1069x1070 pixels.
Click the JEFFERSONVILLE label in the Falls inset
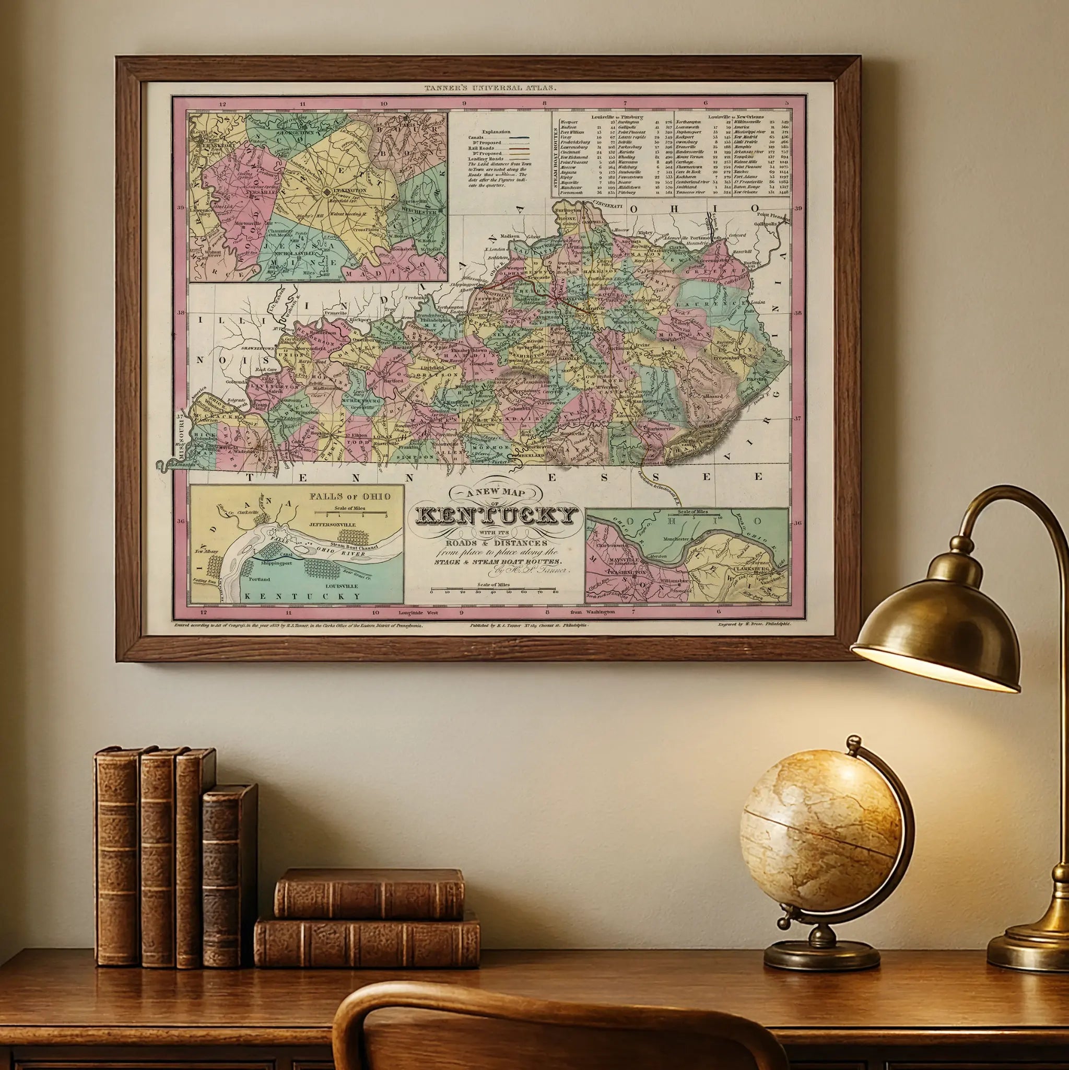click(332, 524)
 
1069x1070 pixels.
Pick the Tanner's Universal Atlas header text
click(490, 87)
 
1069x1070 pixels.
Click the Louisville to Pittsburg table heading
click(617, 117)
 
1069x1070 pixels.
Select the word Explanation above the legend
click(496, 132)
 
